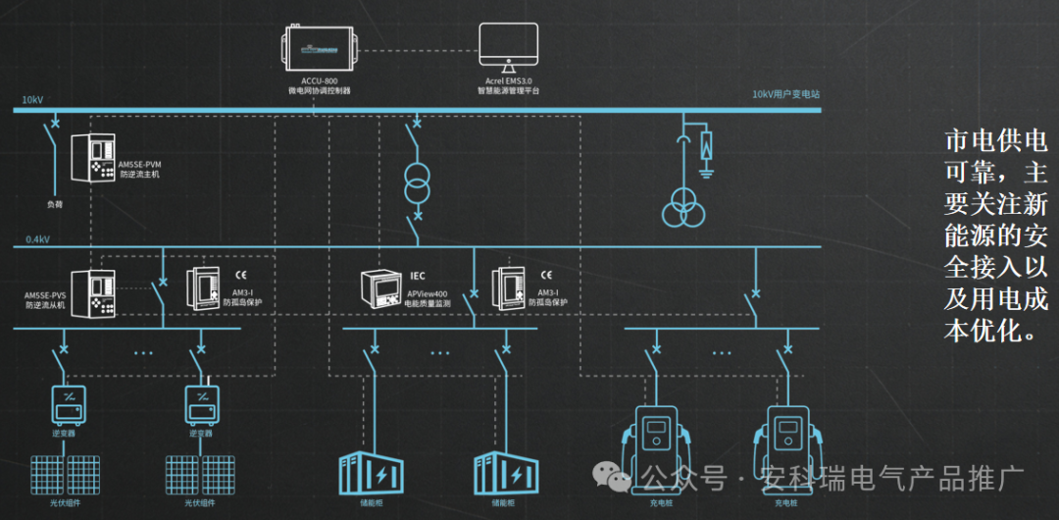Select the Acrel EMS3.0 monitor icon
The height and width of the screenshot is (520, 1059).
[509, 46]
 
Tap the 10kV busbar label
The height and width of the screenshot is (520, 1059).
[32, 100]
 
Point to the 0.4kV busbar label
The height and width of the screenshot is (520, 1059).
[37, 239]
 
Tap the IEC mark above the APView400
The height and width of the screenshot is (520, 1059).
[417, 276]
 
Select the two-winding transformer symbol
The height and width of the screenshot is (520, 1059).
[418, 182]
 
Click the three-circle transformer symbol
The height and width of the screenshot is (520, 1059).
[683, 209]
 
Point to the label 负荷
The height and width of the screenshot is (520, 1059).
[55, 204]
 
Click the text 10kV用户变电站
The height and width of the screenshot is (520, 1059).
[785, 95]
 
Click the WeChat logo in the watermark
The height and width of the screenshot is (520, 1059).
[618, 479]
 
